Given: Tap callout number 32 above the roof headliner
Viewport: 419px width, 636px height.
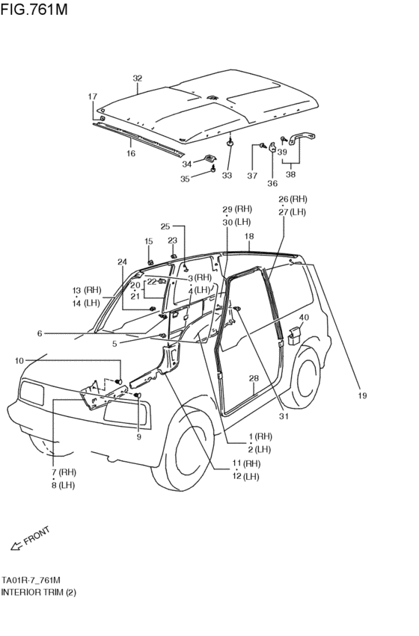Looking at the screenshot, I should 137,78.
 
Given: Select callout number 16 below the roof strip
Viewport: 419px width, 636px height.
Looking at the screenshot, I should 131,153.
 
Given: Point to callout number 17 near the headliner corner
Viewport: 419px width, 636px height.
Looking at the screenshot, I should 93,96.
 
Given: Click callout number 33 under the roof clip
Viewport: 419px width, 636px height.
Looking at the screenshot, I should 227,176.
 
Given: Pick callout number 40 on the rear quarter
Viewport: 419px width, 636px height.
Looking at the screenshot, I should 303,318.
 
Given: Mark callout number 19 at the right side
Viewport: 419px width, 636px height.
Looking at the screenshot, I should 362,396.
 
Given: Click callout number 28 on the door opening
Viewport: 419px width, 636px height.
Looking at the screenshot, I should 254,379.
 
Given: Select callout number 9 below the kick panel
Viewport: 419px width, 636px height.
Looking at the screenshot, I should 138,437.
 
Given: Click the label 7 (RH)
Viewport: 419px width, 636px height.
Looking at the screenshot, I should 64,472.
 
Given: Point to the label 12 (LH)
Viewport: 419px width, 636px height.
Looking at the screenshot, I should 246,476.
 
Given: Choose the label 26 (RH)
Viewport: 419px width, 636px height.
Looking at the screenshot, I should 293,200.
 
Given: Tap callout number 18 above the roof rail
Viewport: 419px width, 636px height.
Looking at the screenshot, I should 250,235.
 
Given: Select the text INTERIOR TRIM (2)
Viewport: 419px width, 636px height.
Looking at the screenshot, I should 38,592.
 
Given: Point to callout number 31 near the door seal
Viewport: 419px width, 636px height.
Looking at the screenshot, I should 283,416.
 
